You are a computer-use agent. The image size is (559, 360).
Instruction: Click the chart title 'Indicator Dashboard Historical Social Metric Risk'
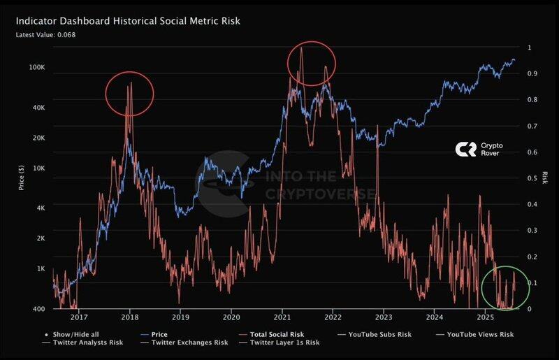point(128,21)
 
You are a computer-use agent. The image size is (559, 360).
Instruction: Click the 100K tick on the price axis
point(38,68)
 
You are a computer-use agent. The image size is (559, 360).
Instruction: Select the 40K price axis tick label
point(39,108)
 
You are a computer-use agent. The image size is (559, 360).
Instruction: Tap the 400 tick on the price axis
point(40,308)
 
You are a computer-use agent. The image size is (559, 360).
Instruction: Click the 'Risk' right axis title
point(544,178)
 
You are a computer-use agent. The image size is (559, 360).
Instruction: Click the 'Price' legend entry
point(159,335)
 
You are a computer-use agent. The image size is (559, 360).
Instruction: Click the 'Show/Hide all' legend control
point(72,335)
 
